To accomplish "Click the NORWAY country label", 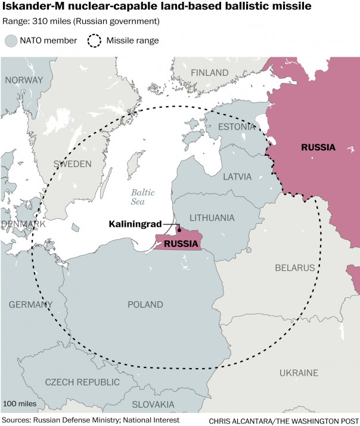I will [24, 80].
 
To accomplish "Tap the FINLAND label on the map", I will [209, 73].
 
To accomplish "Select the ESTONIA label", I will [236, 126].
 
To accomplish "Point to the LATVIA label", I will [237, 177].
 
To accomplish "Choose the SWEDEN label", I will [72, 163].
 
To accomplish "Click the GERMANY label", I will [30, 304].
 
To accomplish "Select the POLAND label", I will [145, 304].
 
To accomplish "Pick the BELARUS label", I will [294, 268].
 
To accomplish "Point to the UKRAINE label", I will [299, 373].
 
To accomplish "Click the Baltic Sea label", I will [142, 197].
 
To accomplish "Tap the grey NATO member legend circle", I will [11, 41].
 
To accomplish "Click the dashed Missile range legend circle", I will [94, 41].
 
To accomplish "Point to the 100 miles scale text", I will [20, 404].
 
